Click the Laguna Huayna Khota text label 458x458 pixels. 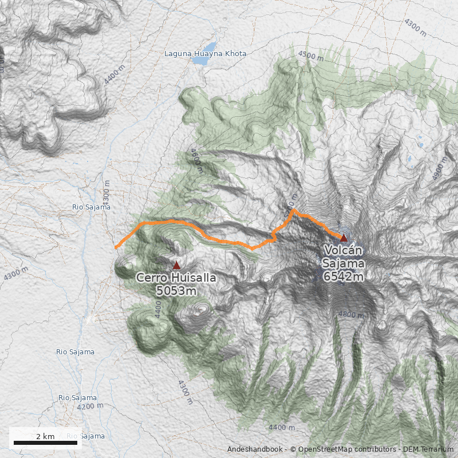click(205, 54)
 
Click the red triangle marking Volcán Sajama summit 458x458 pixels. click(343, 238)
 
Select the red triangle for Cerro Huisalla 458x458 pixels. click(176, 265)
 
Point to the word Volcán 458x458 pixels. click(343, 251)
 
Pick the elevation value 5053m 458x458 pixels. click(176, 291)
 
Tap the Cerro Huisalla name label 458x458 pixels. click(176, 278)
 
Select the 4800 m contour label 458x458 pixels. click(350, 314)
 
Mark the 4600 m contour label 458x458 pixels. click(196, 161)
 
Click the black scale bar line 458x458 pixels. click(45, 443)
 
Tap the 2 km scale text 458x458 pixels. click(45, 436)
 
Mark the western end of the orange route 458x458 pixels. click(116, 247)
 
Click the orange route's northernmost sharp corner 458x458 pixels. click(294, 211)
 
